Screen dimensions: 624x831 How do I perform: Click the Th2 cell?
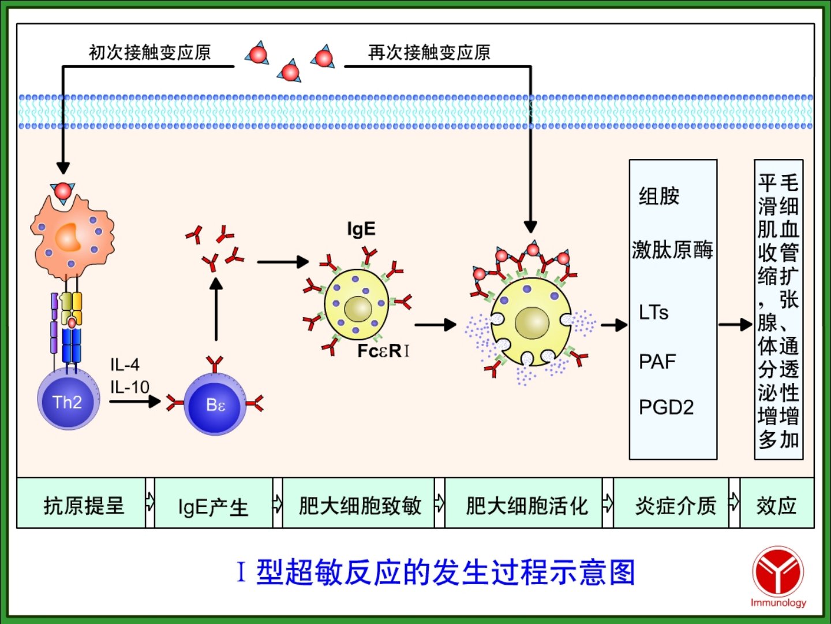pyautogui.click(x=68, y=400)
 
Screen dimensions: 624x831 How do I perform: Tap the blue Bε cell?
pyautogui.click(x=215, y=404)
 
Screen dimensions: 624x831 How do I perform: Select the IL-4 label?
pyautogui.click(x=125, y=365)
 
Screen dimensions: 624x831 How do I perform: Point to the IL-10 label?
pyautogui.click(x=130, y=387)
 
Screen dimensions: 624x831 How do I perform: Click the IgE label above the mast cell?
pyautogui.click(x=361, y=229)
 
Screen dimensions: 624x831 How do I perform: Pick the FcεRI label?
pyautogui.click(x=383, y=351)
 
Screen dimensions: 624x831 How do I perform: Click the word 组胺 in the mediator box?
pyautogui.click(x=659, y=196)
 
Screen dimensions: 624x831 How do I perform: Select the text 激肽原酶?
pyautogui.click(x=672, y=250)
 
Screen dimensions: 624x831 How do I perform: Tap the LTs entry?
pyautogui.click(x=653, y=313)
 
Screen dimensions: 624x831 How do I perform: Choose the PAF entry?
pyautogui.click(x=657, y=362)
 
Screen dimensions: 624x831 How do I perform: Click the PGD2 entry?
pyautogui.click(x=666, y=407)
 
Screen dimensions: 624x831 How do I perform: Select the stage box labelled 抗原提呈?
pyautogui.click(x=83, y=505)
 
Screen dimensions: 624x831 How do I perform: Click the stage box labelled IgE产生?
pyautogui.click(x=213, y=506)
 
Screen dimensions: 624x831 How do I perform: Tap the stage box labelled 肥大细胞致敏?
pyautogui.click(x=360, y=505)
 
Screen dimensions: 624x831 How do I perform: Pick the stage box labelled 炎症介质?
pyautogui.click(x=675, y=505)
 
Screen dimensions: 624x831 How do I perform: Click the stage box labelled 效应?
pyautogui.click(x=776, y=505)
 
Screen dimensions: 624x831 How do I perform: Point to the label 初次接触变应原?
pyautogui.click(x=149, y=53)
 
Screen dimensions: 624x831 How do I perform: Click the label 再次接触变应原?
pyautogui.click(x=429, y=53)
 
